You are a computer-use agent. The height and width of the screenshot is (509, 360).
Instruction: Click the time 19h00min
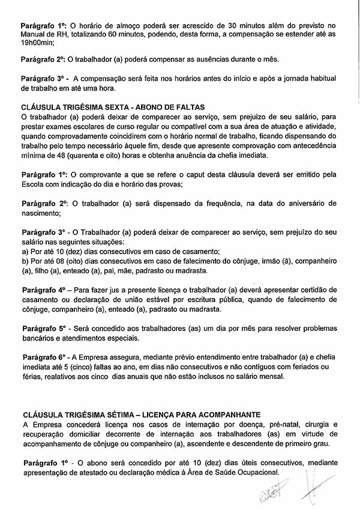[38, 43]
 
